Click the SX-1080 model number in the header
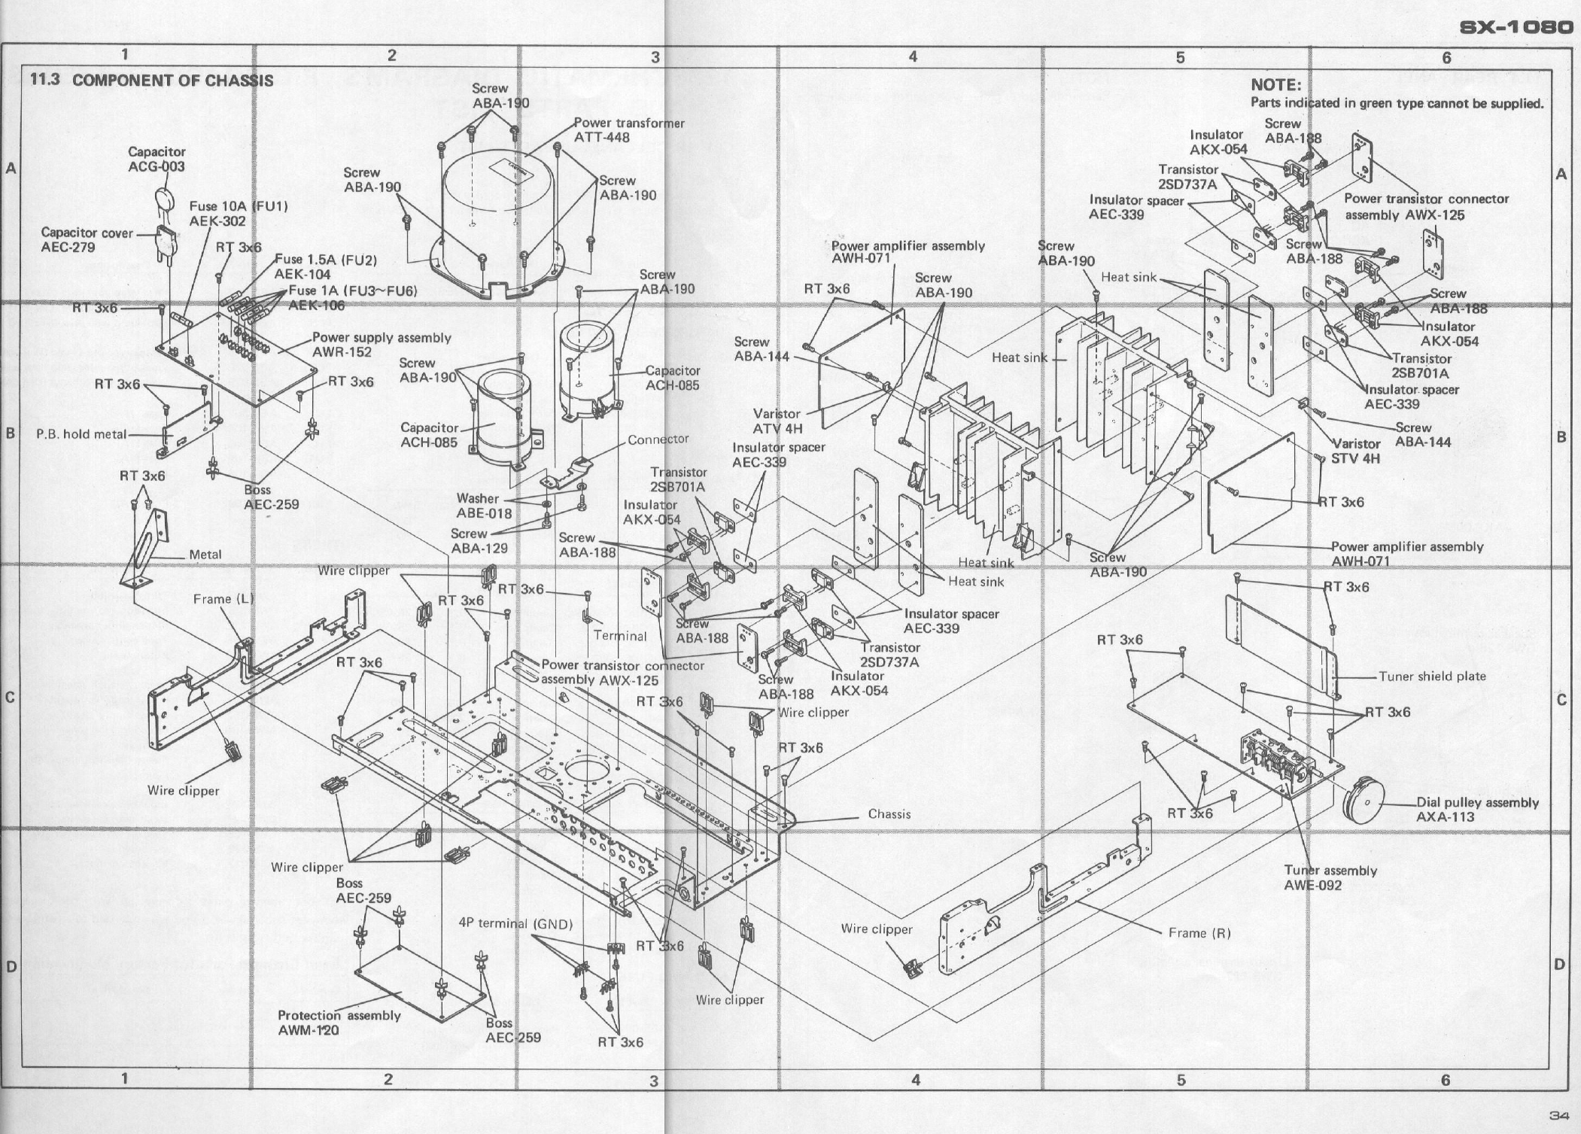pyautogui.click(x=1516, y=28)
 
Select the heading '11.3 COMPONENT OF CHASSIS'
pyautogui.click(x=150, y=80)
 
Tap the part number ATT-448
pyautogui.click(x=601, y=137)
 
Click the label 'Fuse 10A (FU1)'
pyautogui.click(x=238, y=206)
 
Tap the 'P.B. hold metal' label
pyautogui.click(x=81, y=434)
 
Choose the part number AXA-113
pyautogui.click(x=1445, y=816)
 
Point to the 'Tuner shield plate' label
pyautogui.click(x=1432, y=676)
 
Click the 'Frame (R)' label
pyautogui.click(x=1199, y=933)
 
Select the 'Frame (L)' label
pyautogui.click(x=223, y=599)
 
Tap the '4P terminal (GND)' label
pyautogui.click(x=515, y=923)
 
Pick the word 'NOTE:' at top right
pyautogui.click(x=1275, y=85)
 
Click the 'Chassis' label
pyautogui.click(x=889, y=813)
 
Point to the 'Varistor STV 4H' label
pyautogui.click(x=1356, y=450)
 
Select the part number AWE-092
pyautogui.click(x=1312, y=885)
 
